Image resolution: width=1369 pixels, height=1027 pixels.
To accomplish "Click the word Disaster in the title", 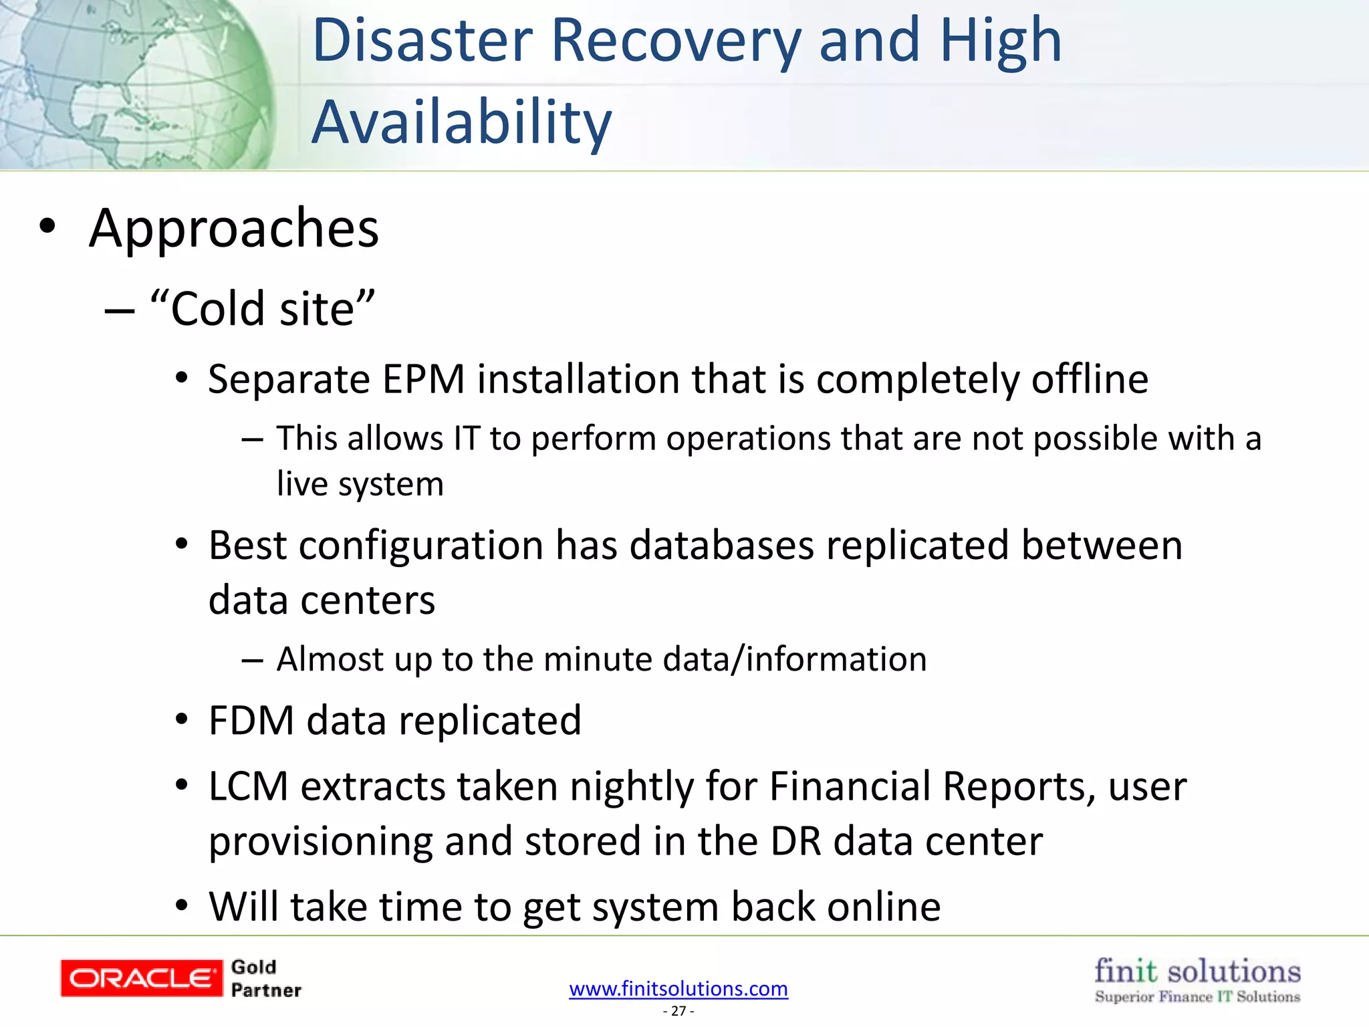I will coord(422,41).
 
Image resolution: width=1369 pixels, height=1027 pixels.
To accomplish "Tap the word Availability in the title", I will coord(461,122).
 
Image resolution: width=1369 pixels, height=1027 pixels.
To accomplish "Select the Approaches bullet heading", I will coord(234,229).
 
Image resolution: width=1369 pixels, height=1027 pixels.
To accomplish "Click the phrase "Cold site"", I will coord(263,309).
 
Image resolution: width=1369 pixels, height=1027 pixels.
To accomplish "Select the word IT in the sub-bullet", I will coord(467,439).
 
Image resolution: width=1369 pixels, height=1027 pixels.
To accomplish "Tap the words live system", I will coord(360,484).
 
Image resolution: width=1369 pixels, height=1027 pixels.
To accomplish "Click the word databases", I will coord(721,546).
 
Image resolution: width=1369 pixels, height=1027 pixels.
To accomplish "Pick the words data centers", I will coord(322,600).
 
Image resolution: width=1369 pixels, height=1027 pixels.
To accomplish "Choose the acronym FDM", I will coord(251,721).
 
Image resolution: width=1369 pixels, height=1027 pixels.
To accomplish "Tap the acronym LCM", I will coord(248,786).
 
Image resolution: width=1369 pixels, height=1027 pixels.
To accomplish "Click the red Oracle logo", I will coord(141,978).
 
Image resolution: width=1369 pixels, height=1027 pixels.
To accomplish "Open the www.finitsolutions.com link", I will coord(678,988).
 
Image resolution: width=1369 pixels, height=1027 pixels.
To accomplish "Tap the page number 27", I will coord(678,1011).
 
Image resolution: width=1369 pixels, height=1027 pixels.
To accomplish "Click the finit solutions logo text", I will coord(1197,972).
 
